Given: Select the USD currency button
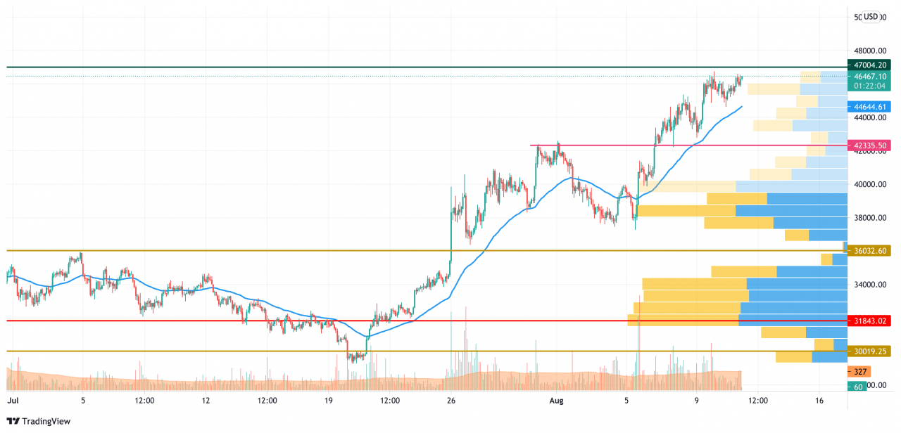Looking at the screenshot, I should click(x=871, y=17).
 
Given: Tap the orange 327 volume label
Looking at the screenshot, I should click(x=859, y=372).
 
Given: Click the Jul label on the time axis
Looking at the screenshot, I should click(x=12, y=400).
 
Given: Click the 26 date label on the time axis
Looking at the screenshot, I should click(x=451, y=400).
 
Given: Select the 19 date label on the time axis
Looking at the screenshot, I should click(x=328, y=400).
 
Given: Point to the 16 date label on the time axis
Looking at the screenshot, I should click(x=819, y=400).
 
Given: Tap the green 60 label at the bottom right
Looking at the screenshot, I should click(x=857, y=387).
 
